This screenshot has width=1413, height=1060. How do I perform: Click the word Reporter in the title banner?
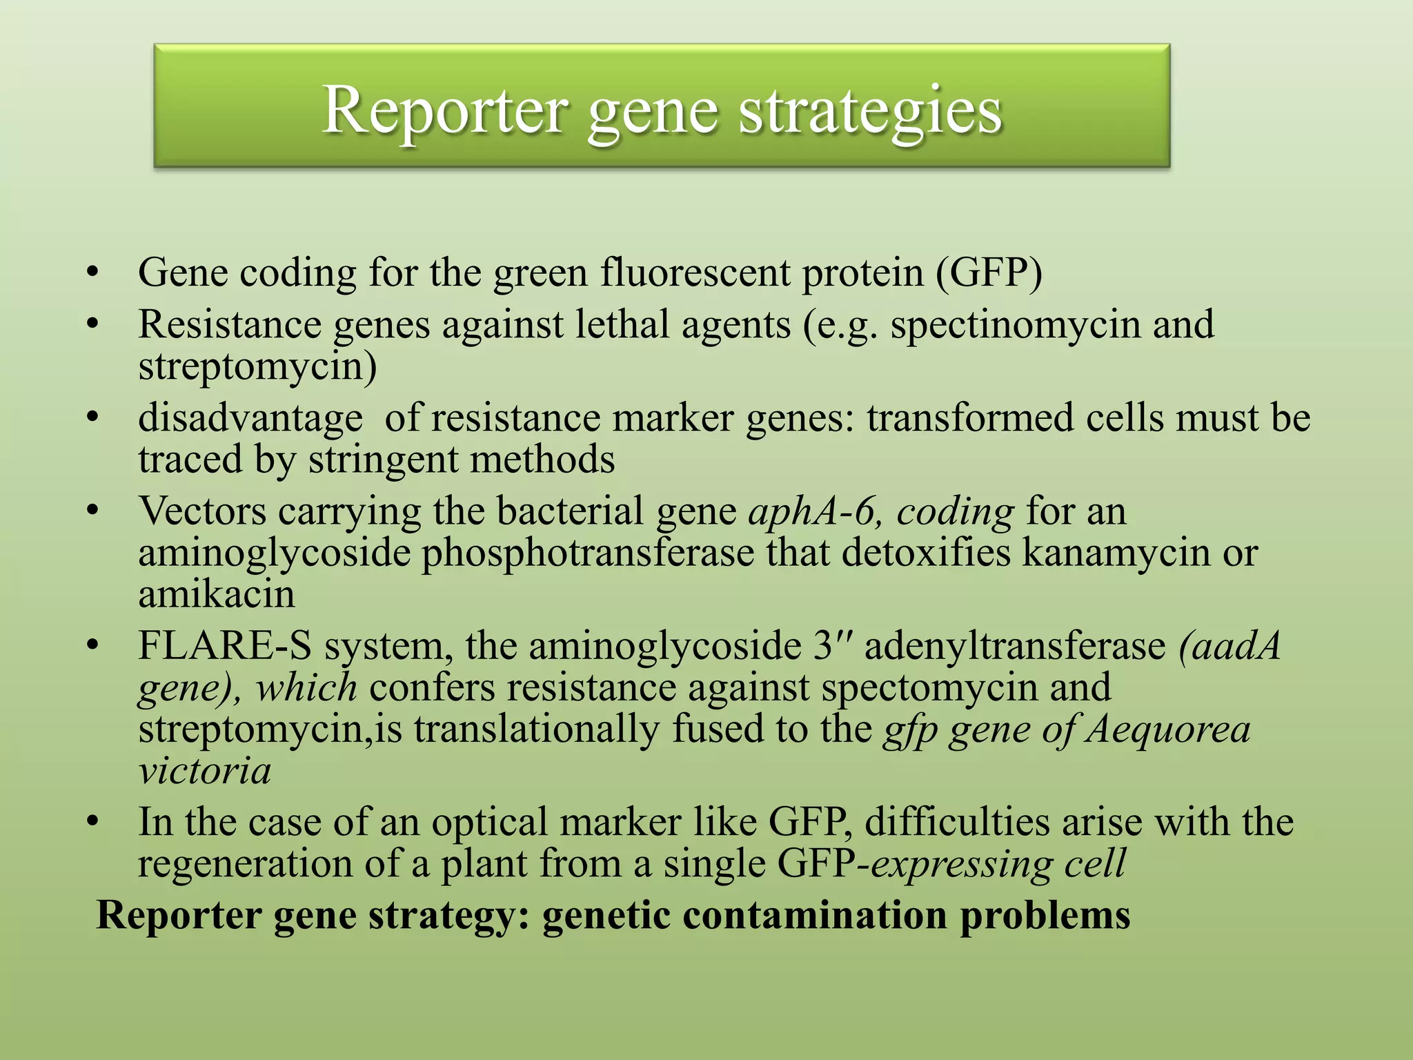446,110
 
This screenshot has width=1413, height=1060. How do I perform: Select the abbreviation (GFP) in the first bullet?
989,273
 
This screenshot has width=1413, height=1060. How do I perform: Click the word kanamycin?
1116,553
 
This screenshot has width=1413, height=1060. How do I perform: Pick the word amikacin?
217,594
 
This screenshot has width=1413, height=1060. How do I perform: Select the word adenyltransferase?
1015,647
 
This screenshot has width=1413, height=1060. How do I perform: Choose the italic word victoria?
204,771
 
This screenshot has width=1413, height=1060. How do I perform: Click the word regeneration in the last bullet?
245,864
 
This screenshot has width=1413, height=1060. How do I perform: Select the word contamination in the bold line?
814,916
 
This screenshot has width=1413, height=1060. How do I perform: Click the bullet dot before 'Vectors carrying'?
94,512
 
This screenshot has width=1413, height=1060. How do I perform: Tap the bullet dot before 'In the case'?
94,823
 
